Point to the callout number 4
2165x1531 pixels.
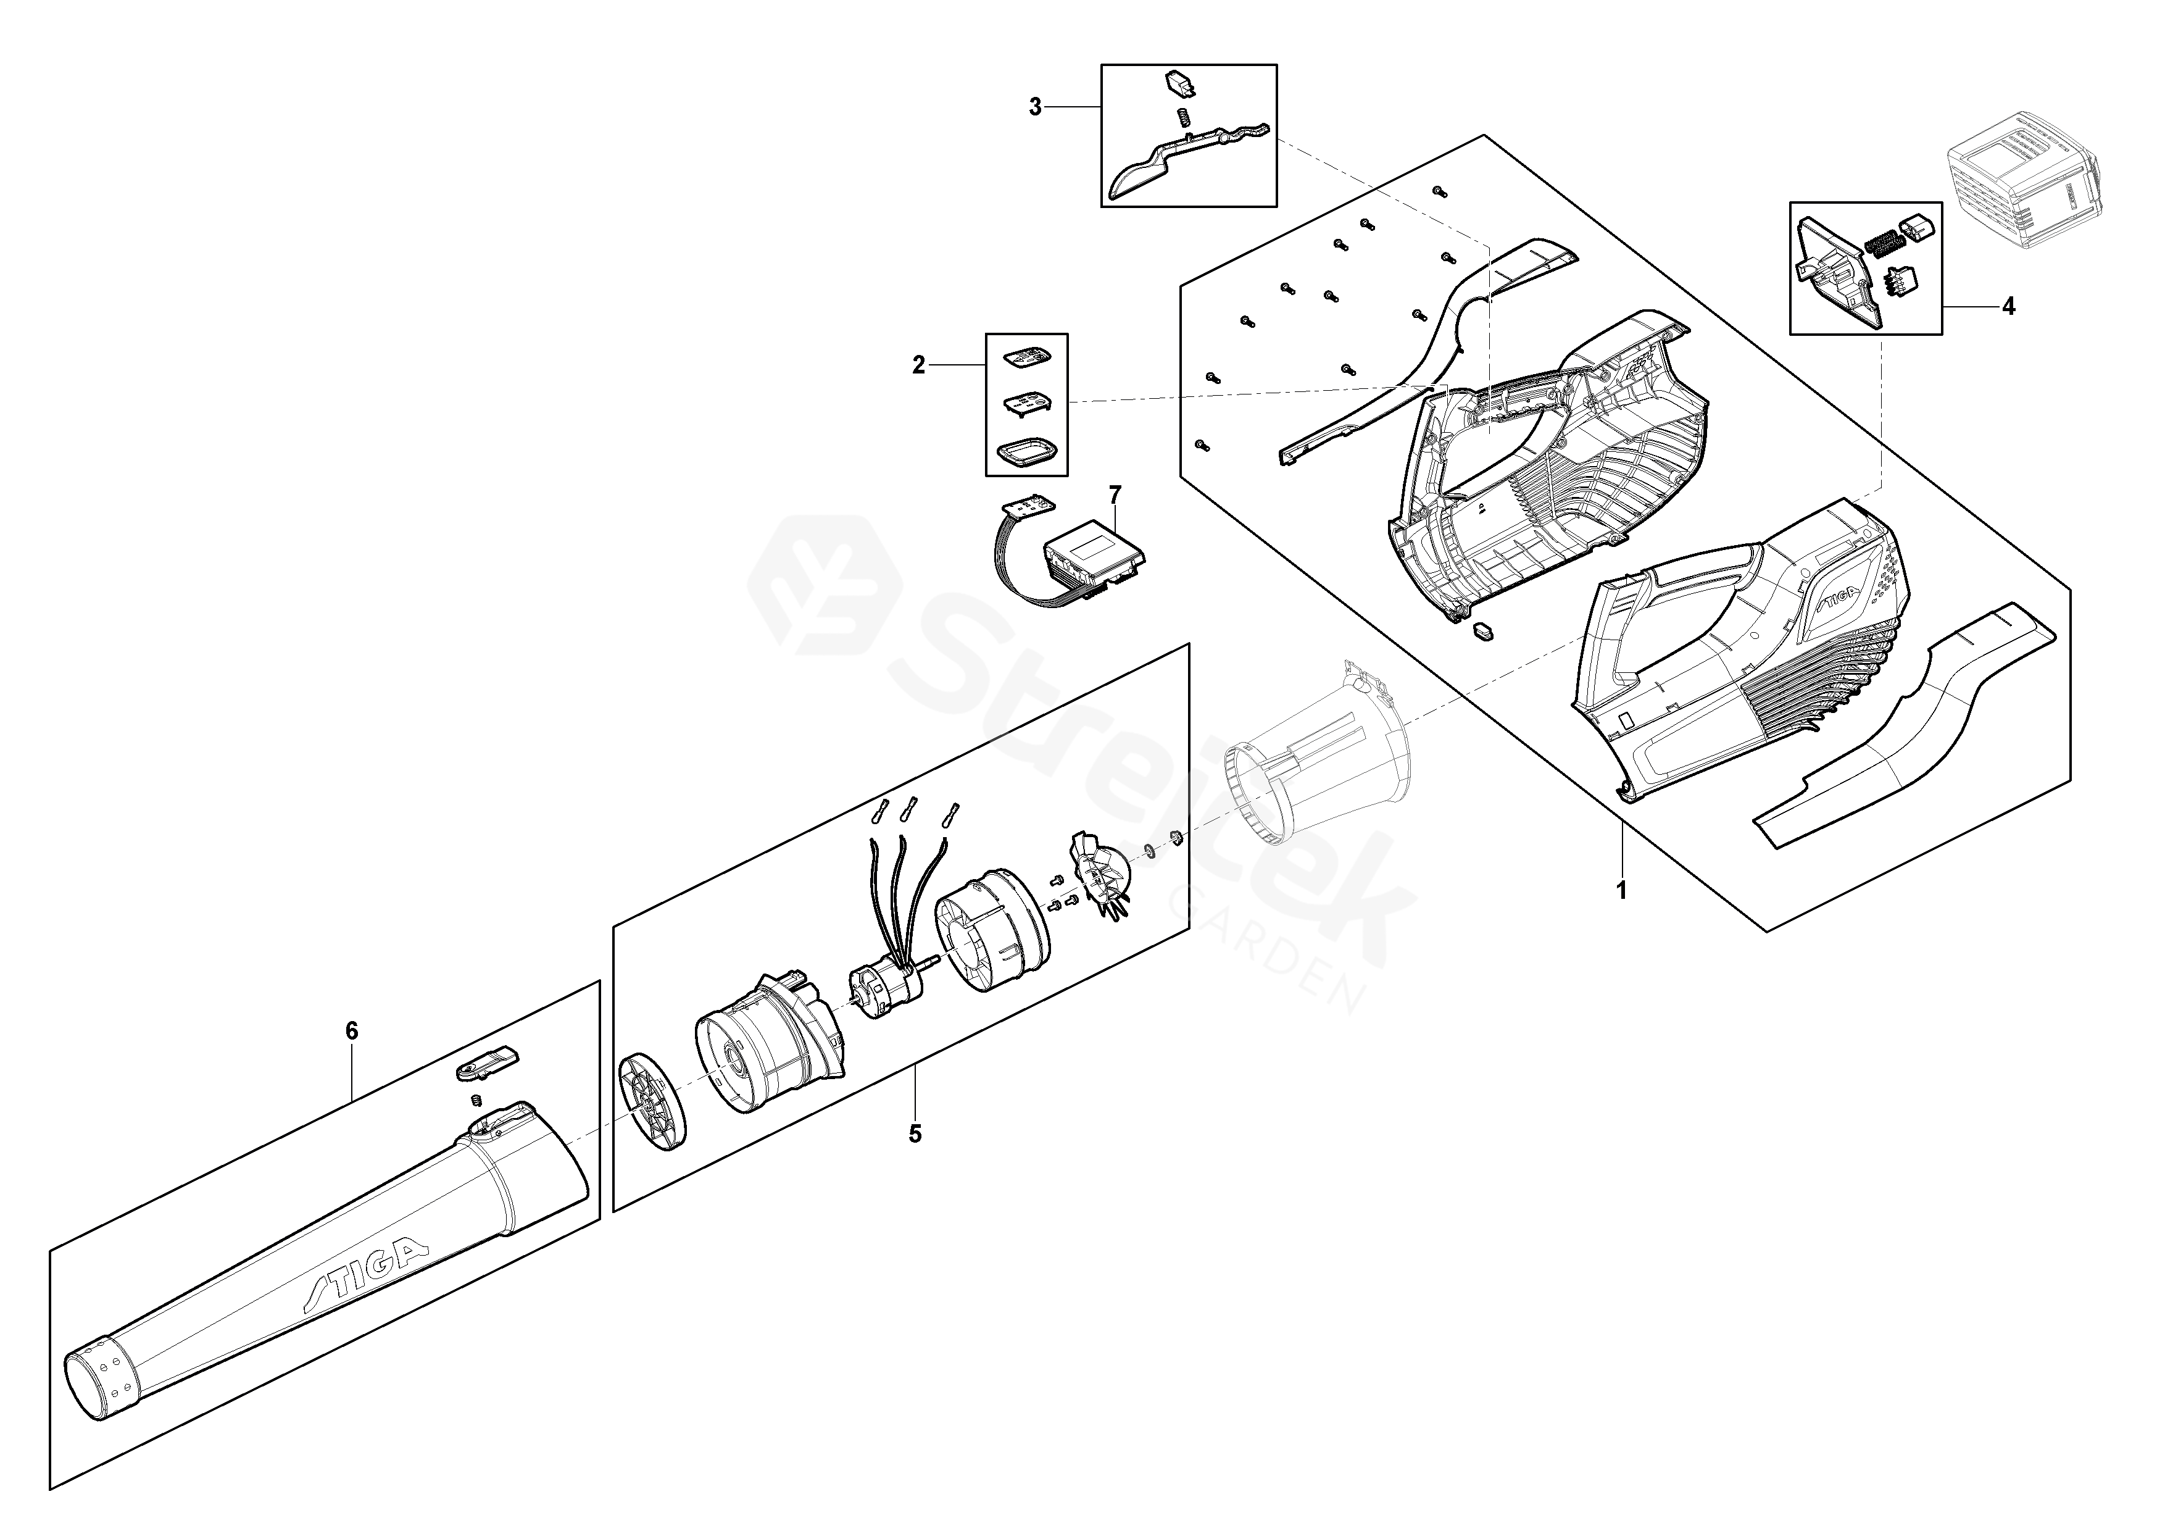pos(2008,307)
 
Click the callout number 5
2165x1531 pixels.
pos(915,1133)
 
